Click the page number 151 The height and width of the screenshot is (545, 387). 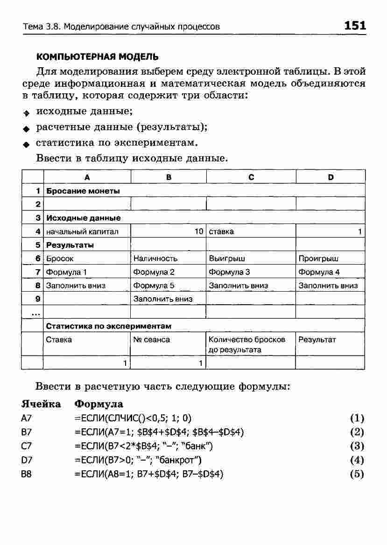tap(355, 26)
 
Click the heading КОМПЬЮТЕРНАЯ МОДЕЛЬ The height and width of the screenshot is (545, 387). tap(97, 57)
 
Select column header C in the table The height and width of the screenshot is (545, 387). tap(251, 177)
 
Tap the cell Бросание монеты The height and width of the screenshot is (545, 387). tap(83, 191)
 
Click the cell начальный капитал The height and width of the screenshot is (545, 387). tap(82, 231)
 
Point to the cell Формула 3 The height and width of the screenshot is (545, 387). tap(229, 272)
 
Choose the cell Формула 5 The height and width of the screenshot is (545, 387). tap(154, 286)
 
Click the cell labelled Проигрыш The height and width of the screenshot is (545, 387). tap(318, 259)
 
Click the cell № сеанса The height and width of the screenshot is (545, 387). tap(152, 340)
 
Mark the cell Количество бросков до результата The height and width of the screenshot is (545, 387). tap(247, 344)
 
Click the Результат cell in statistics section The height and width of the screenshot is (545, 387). tap(317, 340)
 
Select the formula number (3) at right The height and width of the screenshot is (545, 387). tap(357, 446)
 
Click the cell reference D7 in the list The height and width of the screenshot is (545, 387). tap(27, 460)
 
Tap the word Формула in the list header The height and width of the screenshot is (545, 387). tap(99, 404)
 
